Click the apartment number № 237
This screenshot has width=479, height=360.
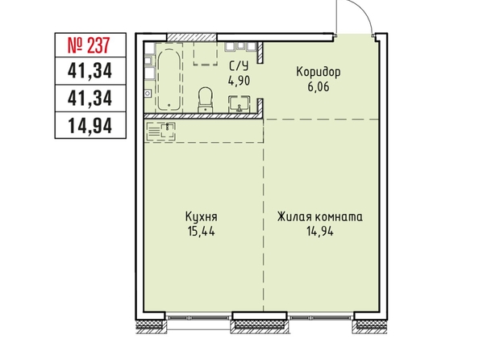[88, 45]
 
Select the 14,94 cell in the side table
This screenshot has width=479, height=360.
[90, 125]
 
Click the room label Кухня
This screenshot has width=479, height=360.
[202, 217]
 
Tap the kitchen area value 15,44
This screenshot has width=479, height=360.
[202, 232]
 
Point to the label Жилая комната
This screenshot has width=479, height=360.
[320, 217]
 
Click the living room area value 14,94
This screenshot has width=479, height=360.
[320, 232]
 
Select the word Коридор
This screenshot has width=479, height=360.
[319, 73]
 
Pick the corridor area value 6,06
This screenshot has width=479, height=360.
[319, 87]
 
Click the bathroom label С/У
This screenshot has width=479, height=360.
[239, 66]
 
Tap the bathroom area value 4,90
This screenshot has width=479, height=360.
[239, 81]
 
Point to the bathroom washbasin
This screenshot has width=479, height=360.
[240, 103]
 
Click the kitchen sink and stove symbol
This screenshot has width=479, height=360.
[161, 132]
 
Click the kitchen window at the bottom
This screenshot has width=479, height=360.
[198, 317]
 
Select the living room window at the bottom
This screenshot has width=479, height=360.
[320, 317]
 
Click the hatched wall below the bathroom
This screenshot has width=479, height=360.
[203, 116]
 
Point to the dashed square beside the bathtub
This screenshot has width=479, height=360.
[206, 53]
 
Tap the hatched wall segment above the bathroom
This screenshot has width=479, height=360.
[192, 37]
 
